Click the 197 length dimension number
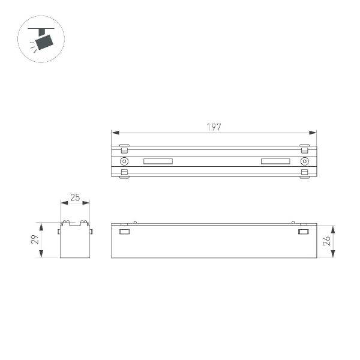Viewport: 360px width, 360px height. (214, 127)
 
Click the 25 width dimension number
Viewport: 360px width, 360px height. (75, 197)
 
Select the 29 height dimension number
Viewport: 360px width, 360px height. (35, 240)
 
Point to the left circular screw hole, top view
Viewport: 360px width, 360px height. (124, 161)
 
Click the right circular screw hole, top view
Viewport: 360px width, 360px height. (304, 161)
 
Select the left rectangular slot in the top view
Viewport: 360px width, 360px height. (158, 161)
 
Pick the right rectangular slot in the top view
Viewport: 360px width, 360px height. (275, 161)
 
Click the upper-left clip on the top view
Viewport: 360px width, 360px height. (124, 147)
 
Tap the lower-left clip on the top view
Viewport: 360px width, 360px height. (124, 173)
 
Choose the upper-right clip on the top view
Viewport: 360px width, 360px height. (304, 147)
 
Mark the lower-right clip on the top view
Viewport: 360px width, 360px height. (304, 173)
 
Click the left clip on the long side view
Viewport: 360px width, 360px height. (124, 232)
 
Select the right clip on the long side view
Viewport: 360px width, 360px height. (304, 232)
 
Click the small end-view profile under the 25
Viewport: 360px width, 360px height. (75, 241)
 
